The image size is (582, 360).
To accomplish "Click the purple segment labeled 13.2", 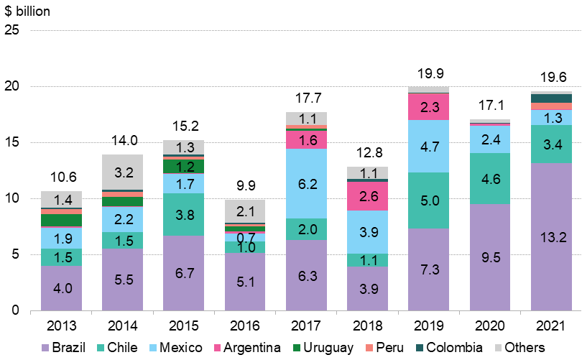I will pos(551,237).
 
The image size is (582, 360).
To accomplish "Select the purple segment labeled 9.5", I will pos(489,257).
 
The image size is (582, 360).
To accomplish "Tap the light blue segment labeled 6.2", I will pos(306,184).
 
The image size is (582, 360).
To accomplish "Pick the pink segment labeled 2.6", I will pos(367,196).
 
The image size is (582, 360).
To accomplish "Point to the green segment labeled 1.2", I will pos(184,167).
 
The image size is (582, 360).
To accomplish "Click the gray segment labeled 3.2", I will pos(123,172).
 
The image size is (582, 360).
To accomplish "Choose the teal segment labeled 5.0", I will pos(428,200).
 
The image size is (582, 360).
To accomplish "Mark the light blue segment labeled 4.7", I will pos(428,147).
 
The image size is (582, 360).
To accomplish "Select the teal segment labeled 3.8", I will pos(184,214).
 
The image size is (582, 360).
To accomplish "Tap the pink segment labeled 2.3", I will pos(428,107).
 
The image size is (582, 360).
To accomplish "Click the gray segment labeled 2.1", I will pos(245,211).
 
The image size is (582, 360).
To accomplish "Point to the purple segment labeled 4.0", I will pos(62,288).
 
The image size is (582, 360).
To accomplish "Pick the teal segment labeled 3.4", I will pos(551,144).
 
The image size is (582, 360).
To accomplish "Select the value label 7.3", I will pos(428,268).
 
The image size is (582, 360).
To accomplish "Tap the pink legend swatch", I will pos(218,348).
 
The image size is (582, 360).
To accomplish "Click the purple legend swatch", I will pos(45,348).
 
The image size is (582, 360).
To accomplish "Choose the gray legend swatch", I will pos(498,348).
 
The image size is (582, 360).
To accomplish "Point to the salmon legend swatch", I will pos(369,348).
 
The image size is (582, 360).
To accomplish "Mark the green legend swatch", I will pos(297,348).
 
